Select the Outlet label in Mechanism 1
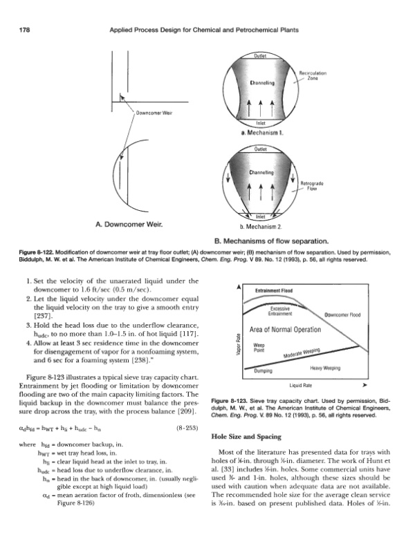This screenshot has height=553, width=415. [x=261, y=56]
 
